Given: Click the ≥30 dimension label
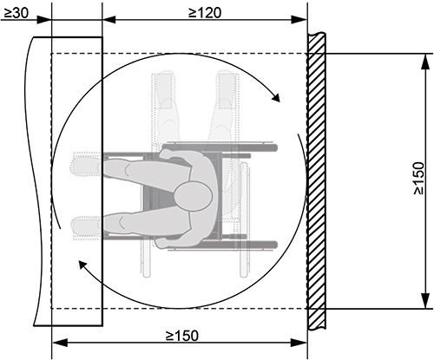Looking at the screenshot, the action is click(16, 13).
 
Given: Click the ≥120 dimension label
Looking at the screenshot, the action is click(205, 13).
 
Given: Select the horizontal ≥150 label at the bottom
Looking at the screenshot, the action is click(182, 336).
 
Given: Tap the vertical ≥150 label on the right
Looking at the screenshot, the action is click(419, 178).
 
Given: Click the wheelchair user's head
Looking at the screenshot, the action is click(194, 195).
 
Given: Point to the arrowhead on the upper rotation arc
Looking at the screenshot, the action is click(276, 97).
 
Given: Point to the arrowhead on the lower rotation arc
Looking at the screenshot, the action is click(83, 265).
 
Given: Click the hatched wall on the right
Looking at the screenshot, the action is click(316, 181).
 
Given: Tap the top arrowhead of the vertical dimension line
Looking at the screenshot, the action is click(424, 61).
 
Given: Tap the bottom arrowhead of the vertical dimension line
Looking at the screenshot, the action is click(424, 301).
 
